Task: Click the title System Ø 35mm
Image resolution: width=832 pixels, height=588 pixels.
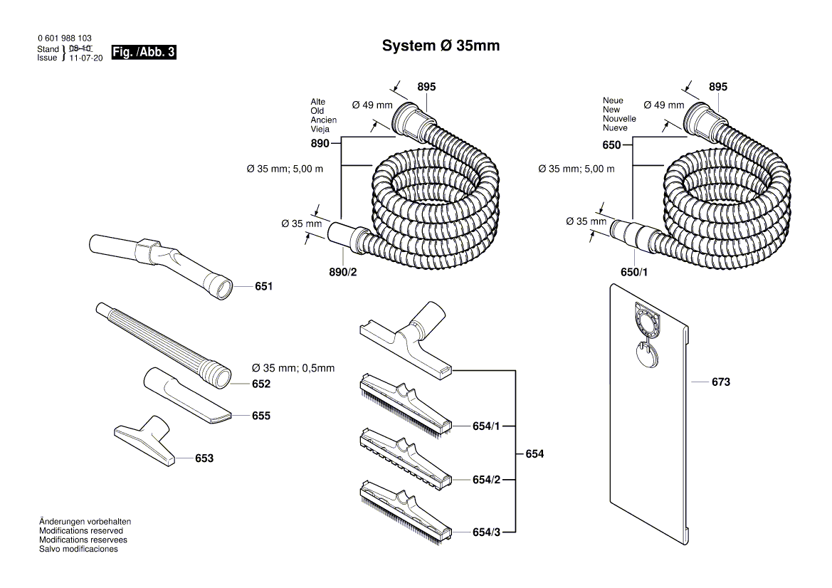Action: click(x=441, y=46)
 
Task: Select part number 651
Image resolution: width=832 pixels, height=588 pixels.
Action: click(x=264, y=286)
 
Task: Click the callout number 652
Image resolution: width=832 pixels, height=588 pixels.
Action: click(x=261, y=384)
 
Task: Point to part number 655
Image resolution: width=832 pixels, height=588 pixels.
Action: click(x=260, y=415)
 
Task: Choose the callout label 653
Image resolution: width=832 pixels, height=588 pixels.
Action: click(x=204, y=458)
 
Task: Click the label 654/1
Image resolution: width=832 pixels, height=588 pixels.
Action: click(x=486, y=426)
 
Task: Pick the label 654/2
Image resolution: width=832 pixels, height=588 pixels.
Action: click(x=486, y=480)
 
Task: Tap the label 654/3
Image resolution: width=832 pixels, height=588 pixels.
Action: click(x=486, y=532)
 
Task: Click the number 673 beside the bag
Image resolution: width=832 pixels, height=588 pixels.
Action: click(x=720, y=382)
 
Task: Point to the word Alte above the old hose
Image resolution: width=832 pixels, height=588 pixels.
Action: click(x=317, y=102)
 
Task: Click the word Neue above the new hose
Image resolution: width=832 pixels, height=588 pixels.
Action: click(x=613, y=100)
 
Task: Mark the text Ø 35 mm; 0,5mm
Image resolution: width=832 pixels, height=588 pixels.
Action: click(x=293, y=368)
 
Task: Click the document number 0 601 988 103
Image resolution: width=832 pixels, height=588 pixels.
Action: click(x=64, y=38)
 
